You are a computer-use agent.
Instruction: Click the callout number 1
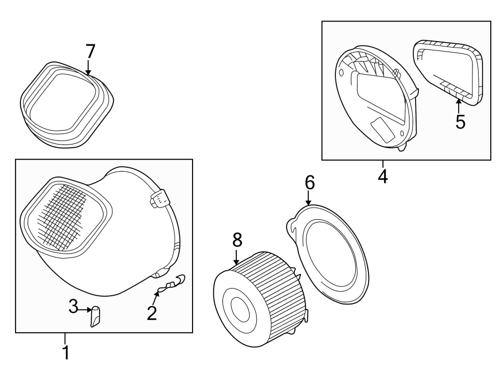click(65, 352)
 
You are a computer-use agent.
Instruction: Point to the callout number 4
click(382, 177)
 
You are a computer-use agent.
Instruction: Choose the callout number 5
click(460, 121)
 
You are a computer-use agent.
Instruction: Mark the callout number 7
click(90, 51)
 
